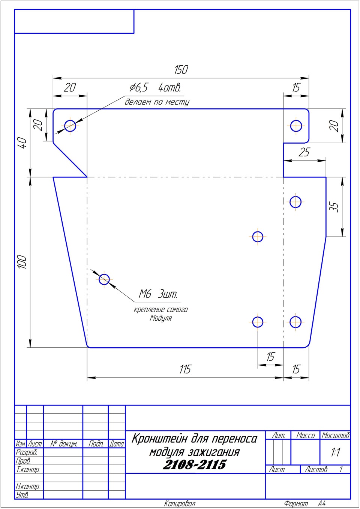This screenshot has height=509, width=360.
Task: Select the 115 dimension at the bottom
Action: [185, 369]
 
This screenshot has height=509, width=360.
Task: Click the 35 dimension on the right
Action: [334, 207]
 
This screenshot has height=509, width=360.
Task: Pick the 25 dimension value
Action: [304, 152]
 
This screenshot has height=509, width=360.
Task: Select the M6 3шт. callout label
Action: [158, 294]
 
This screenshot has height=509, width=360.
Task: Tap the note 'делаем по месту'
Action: [157, 102]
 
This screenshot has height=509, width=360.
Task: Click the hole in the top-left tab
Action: [70, 126]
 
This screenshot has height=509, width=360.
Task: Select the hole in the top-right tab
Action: [296, 126]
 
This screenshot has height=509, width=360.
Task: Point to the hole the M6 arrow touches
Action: [104, 279]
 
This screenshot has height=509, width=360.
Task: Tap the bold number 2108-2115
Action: [194, 464]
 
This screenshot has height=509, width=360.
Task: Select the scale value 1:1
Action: [335, 452]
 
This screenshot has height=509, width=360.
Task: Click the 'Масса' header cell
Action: [306, 435]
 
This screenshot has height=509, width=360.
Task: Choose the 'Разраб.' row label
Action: [26, 452]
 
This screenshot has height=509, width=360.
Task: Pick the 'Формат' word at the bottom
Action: [296, 503]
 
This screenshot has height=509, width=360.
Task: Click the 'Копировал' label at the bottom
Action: [180, 503]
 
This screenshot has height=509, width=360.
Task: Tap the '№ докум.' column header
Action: [63, 444]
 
